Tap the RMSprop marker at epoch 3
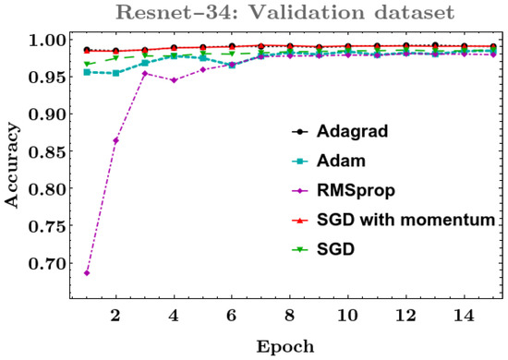click(x=145, y=73)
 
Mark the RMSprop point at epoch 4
click(x=175, y=80)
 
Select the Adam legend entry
click(x=369, y=161)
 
